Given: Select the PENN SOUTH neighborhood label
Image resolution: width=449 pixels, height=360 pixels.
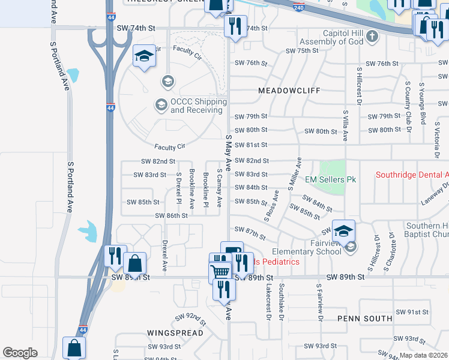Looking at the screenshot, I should [x=361, y=318].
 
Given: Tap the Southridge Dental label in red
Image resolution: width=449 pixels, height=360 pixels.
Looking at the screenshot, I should [x=412, y=175].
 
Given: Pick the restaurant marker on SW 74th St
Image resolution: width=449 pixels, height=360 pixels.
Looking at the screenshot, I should [x=233, y=26].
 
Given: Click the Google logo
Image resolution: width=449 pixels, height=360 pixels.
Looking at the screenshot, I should [x=20, y=353].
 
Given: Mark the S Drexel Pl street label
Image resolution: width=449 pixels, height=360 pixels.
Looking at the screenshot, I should [x=179, y=188].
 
